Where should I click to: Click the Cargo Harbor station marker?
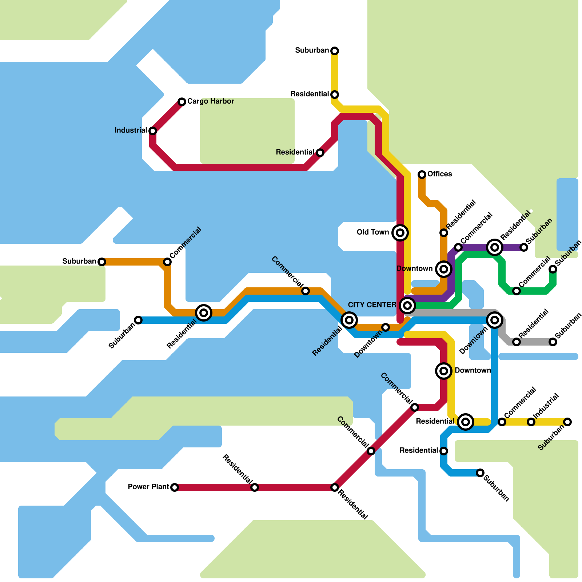click(x=182, y=102)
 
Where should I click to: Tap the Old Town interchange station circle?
click(x=400, y=232)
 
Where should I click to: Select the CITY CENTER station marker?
click(x=407, y=306)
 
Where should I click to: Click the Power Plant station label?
click(x=148, y=487)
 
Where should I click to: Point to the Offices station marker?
click(x=422, y=175)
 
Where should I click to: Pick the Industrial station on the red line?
click(x=153, y=131)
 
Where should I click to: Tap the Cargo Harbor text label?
click(x=211, y=101)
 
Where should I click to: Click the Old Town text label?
click(x=373, y=232)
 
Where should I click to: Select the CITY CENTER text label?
click(x=372, y=305)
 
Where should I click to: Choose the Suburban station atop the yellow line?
click(x=335, y=51)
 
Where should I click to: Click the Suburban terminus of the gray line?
click(x=553, y=342)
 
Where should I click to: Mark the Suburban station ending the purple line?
click(x=524, y=247)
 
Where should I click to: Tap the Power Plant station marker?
click(x=175, y=487)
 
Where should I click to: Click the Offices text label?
click(x=439, y=174)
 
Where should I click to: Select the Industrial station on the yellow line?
click(x=531, y=422)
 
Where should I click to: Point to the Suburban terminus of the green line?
click(x=553, y=269)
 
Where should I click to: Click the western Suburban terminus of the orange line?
click(x=102, y=262)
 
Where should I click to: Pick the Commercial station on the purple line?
click(x=458, y=247)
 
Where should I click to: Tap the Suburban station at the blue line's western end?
click(x=138, y=320)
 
